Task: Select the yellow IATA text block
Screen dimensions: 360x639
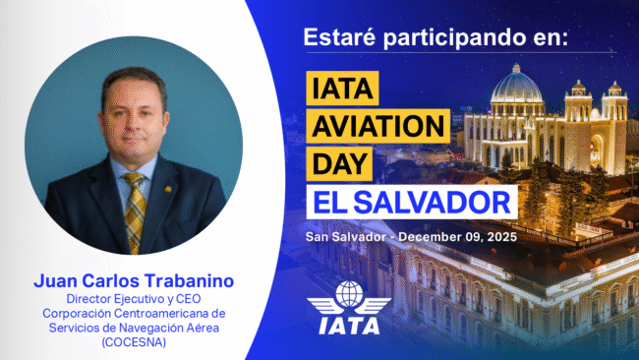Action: coord(342,88)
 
